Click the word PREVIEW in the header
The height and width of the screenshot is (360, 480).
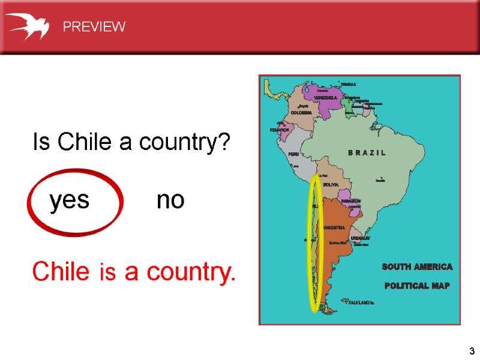(94, 26)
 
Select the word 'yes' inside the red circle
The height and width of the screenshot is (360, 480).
(70, 200)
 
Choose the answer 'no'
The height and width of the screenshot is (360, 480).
(170, 200)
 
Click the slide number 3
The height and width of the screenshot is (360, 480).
(472, 350)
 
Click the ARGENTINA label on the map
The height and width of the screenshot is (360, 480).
(334, 227)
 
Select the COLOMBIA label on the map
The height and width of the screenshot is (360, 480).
(301, 112)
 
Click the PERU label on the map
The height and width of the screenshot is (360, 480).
(293, 154)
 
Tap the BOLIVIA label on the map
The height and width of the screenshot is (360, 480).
(331, 185)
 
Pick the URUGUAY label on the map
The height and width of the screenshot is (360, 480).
(361, 238)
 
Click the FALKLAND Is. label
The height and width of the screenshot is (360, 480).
(362, 302)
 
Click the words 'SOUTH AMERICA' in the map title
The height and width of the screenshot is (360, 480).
(417, 266)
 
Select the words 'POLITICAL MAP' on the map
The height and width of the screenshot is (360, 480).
(417, 286)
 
